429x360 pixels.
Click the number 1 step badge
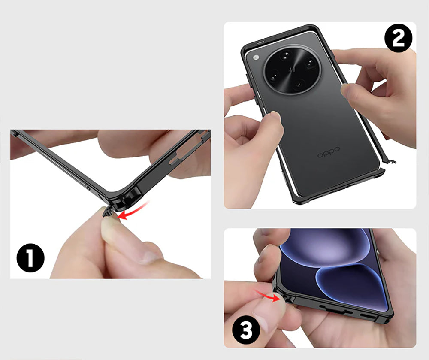click(x=30, y=258)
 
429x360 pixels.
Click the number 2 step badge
click(x=398, y=38)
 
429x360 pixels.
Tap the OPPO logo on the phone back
click(x=329, y=152)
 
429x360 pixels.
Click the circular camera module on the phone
click(x=293, y=70)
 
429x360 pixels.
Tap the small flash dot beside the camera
click(x=256, y=57)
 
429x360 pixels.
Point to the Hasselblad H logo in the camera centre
click(x=292, y=70)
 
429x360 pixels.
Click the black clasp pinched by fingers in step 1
click(x=107, y=212)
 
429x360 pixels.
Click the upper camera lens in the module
click(x=285, y=55)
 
